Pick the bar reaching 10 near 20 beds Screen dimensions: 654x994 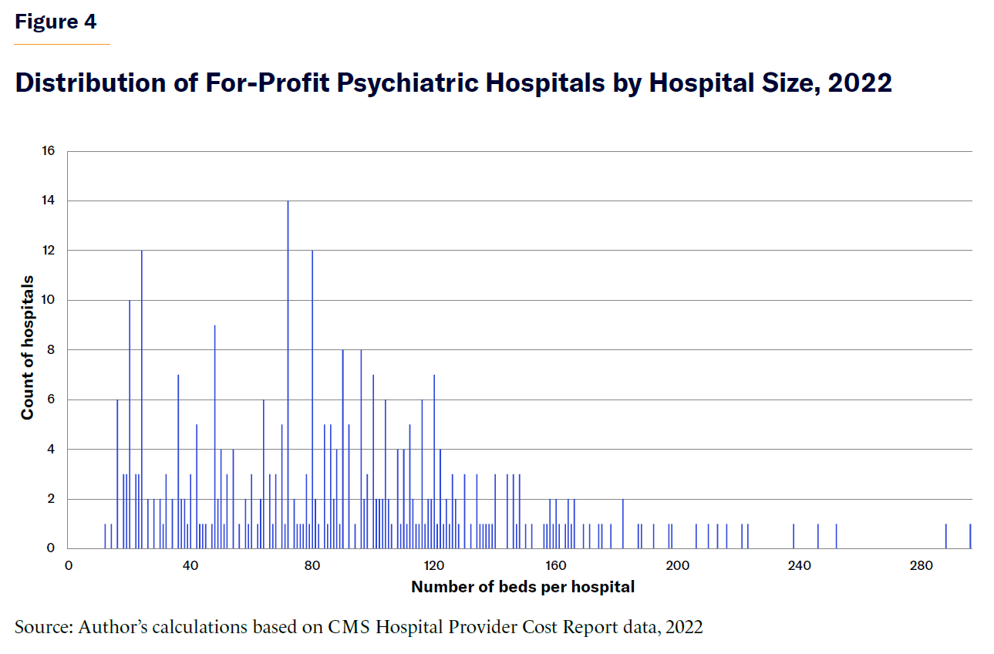(x=130, y=424)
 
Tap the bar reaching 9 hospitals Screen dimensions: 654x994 (x=214, y=437)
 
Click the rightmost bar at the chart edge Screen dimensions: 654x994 (x=970, y=536)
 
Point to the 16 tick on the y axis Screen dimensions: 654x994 (x=49, y=151)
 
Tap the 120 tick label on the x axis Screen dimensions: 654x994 (x=434, y=565)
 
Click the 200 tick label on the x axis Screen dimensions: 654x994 (x=678, y=565)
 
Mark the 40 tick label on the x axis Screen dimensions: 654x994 (x=190, y=565)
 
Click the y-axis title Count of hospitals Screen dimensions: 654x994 (x=28, y=347)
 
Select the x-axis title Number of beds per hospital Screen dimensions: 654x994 (x=523, y=587)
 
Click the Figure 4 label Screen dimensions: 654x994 (x=56, y=22)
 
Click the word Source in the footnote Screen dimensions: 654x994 (x=42, y=627)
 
